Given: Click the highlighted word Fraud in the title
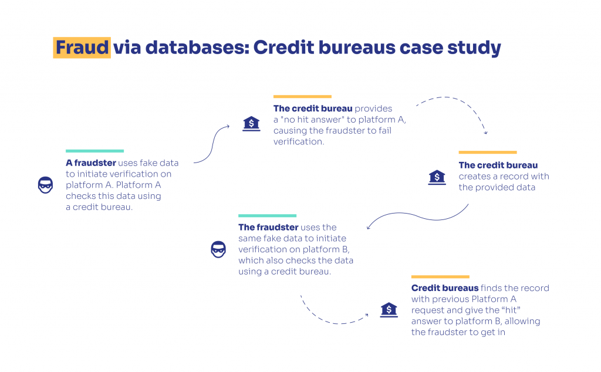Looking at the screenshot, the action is click(x=82, y=48).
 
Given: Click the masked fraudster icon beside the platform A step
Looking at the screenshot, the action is click(x=45, y=185).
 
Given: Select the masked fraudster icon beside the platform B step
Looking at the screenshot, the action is click(x=218, y=249).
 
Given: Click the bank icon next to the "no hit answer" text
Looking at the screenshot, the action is click(x=251, y=124).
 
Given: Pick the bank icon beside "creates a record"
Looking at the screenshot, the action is click(x=437, y=177).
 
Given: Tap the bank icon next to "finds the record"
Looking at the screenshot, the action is click(x=389, y=310).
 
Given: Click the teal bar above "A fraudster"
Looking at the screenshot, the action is click(x=94, y=151).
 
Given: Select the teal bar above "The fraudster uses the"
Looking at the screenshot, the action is click(x=267, y=216).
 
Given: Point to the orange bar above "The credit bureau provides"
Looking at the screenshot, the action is click(x=302, y=97).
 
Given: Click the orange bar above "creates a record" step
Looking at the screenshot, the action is click(x=488, y=153).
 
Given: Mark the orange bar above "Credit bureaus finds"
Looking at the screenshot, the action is click(x=440, y=276).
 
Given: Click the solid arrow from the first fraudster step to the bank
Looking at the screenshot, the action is click(x=212, y=144).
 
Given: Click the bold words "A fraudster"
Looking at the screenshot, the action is click(x=91, y=163).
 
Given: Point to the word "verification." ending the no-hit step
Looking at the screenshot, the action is click(x=299, y=141).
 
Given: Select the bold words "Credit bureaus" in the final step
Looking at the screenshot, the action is click(x=445, y=288).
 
